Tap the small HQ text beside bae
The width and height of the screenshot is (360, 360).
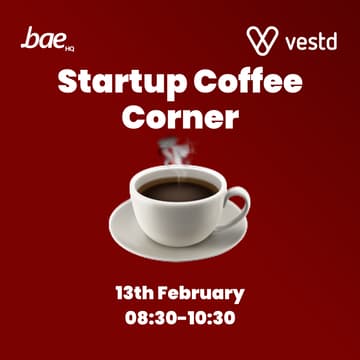[x=67, y=46]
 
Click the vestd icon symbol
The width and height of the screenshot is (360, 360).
[x=262, y=41]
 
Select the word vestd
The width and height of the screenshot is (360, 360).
[x=309, y=43]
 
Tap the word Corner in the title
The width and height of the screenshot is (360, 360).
[x=180, y=117]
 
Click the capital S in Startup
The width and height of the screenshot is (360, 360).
[x=67, y=82]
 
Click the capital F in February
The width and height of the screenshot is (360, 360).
[x=165, y=293]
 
